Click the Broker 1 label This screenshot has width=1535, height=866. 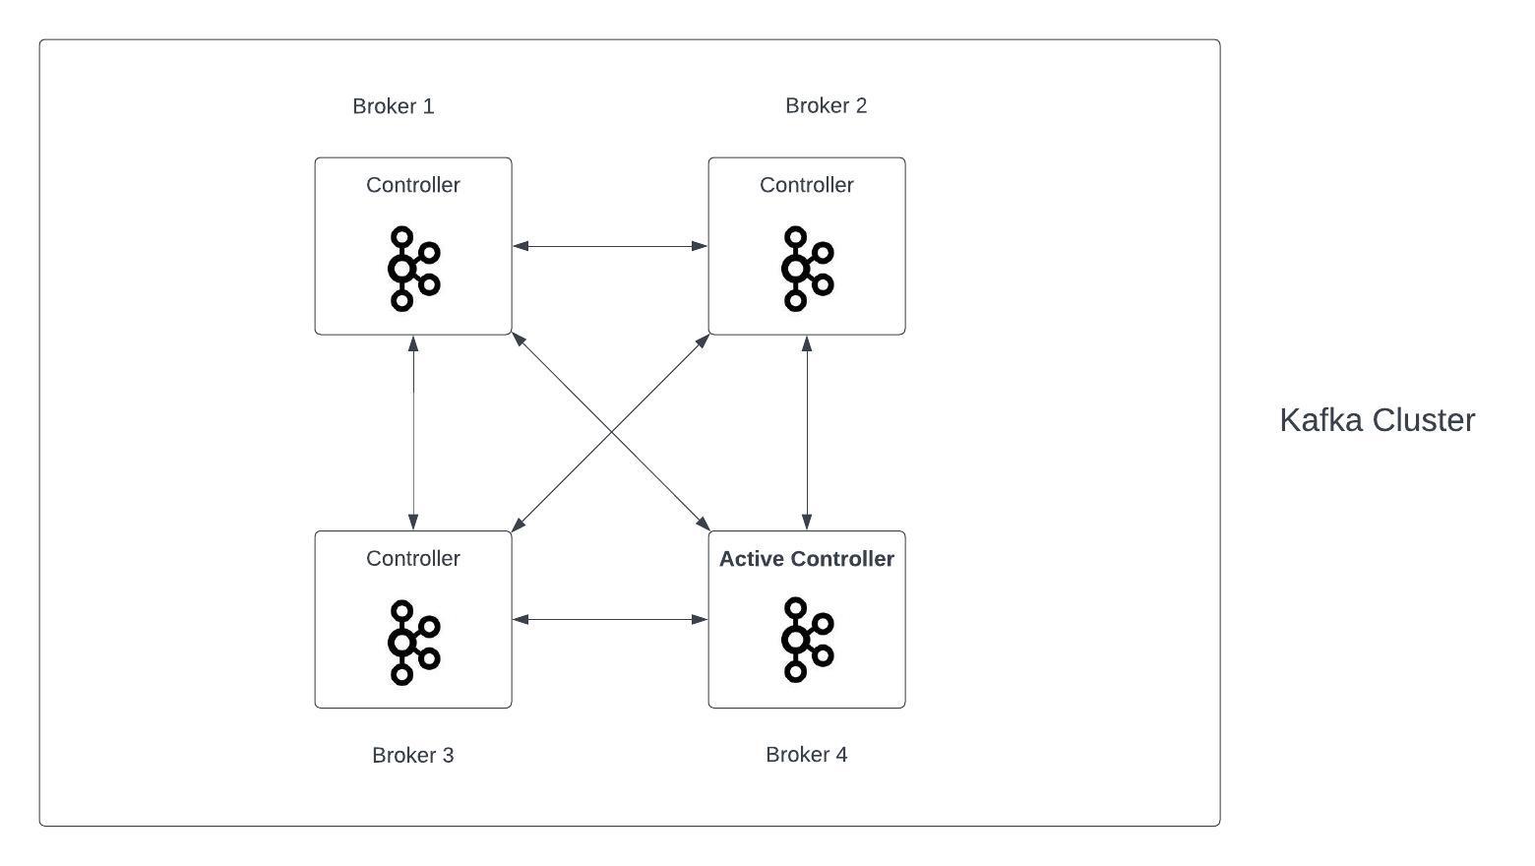coord(393,106)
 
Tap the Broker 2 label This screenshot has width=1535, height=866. coord(826,106)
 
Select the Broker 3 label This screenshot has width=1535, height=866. coord(412,755)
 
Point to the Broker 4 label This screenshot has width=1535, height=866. coord(806,755)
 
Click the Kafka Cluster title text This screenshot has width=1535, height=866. coord(1377,420)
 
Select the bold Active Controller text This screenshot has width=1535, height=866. coord(806,559)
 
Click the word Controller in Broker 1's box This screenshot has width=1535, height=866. coord(412,185)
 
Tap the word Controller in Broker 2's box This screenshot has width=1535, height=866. coord(806,185)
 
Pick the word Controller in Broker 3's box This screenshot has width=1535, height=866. coord(412,559)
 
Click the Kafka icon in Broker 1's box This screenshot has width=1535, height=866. coord(412,269)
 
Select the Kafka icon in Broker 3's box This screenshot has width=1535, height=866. coord(412,642)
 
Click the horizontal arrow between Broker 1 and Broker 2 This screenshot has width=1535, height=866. coord(610,246)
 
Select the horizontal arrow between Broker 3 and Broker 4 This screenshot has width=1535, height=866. coord(610,619)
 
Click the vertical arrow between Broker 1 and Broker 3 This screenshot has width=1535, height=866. coord(413,433)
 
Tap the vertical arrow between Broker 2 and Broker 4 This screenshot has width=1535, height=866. coord(807,433)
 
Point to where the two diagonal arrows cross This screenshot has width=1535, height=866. coord(610,433)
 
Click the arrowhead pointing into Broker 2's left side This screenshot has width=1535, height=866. coord(700,246)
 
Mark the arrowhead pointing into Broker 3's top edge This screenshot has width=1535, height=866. coord(413,522)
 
